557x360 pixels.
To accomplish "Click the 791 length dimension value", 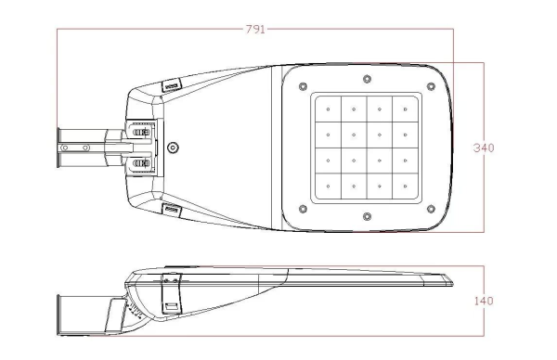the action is [255, 29].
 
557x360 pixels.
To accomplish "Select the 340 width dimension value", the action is [484, 148].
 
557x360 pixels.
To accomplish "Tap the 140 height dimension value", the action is [484, 301].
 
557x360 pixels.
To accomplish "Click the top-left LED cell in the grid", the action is [329, 109].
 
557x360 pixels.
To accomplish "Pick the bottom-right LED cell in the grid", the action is [406, 186].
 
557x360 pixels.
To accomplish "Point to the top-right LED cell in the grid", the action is [406, 109].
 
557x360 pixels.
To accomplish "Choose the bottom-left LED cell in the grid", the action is [329, 186].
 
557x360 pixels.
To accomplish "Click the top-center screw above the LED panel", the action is [368, 79].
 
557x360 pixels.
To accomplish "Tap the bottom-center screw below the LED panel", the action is [368, 216].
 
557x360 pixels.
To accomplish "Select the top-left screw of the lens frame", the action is [303, 86].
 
